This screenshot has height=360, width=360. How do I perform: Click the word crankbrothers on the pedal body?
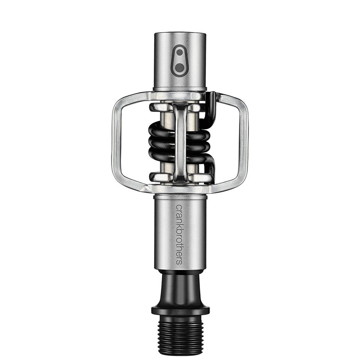179,234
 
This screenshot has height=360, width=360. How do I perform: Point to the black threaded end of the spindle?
180,330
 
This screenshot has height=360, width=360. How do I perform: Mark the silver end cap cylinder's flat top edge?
180,34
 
